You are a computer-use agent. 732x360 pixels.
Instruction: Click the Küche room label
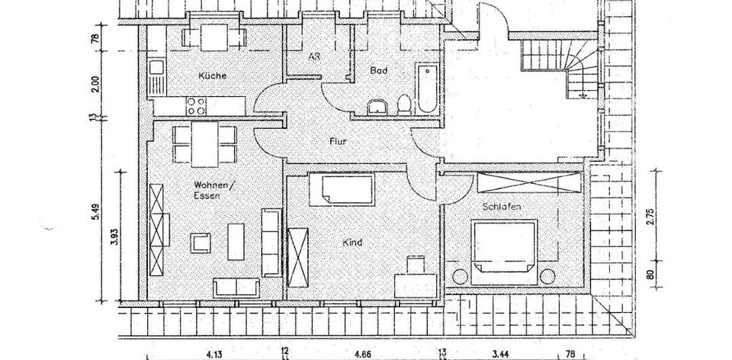coord(212,76)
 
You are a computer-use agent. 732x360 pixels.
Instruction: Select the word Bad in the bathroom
coord(379,70)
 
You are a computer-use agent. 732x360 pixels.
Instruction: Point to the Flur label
coord(339,141)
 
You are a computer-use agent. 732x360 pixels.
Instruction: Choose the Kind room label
coord(352,243)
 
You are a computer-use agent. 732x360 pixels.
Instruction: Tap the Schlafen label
coord(500,206)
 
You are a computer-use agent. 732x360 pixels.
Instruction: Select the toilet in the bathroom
coord(404,105)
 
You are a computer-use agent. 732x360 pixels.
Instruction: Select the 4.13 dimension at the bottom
coord(214,354)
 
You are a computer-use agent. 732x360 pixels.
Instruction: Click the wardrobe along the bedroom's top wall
coord(530,183)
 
